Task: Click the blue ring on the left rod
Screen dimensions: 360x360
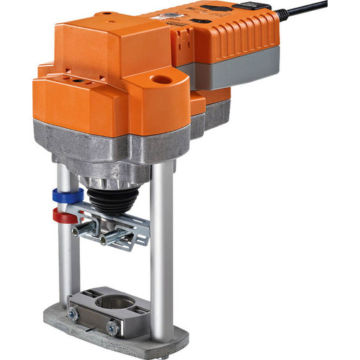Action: [63, 195]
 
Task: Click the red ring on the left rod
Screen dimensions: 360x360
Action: [63, 215]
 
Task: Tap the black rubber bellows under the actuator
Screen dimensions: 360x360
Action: [112, 199]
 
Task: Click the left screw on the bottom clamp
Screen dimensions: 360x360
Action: [73, 314]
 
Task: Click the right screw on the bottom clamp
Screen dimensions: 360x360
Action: [113, 327]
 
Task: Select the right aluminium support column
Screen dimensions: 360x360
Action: [161, 252]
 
